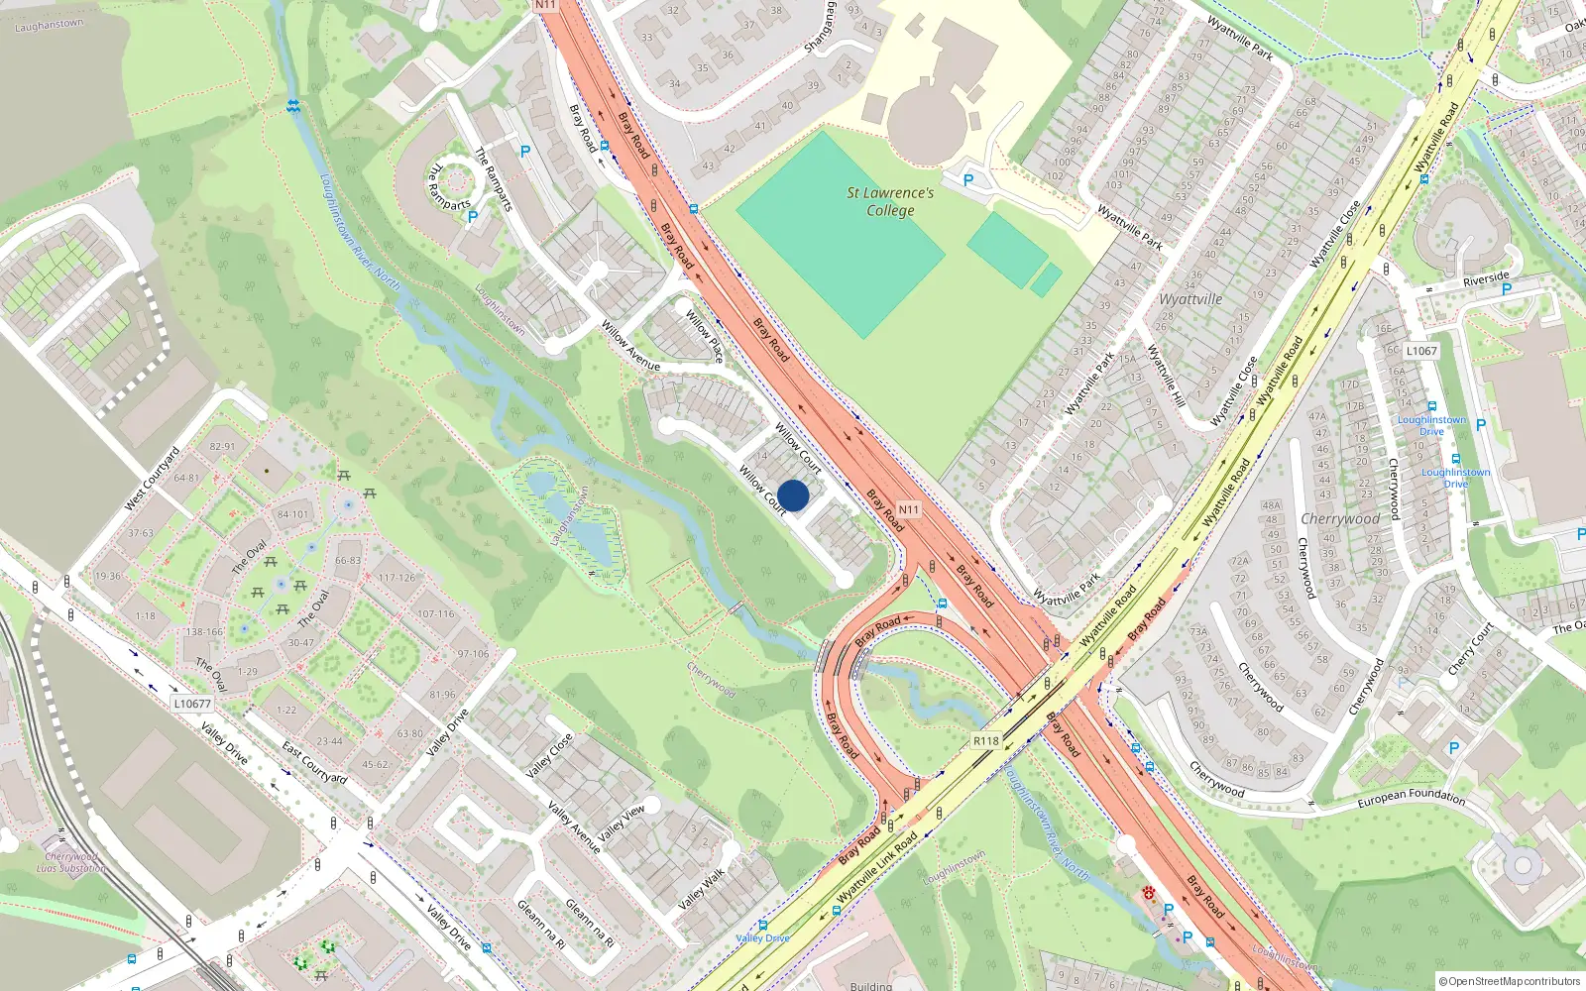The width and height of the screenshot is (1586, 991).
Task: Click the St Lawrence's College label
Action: click(890, 201)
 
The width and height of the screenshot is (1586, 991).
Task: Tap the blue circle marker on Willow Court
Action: click(793, 495)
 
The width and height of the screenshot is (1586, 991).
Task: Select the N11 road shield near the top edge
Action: click(546, 5)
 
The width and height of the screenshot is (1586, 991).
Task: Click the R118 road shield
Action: click(985, 740)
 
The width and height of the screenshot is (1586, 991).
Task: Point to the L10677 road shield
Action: click(192, 704)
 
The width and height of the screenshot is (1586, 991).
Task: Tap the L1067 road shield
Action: click(1420, 351)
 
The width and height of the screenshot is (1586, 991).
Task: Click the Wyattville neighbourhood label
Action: click(1190, 299)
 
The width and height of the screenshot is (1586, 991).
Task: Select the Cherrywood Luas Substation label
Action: click(71, 862)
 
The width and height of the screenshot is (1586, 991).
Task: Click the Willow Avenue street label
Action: click(630, 346)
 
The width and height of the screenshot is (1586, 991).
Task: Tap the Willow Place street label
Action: click(705, 336)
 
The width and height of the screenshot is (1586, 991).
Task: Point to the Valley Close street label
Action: click(549, 755)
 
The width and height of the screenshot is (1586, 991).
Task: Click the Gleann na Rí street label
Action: click(541, 925)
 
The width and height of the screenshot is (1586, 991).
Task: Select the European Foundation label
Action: click(1411, 797)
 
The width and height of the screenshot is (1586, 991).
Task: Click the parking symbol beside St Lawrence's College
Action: click(968, 180)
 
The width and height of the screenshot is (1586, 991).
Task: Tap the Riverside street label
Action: click(1485, 279)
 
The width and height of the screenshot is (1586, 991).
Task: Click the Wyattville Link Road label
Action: click(877, 868)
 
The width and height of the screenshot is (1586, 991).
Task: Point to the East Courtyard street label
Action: click(314, 763)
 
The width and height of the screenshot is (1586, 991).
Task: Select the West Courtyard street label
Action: click(152, 480)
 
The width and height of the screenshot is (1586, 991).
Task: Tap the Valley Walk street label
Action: click(702, 889)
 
